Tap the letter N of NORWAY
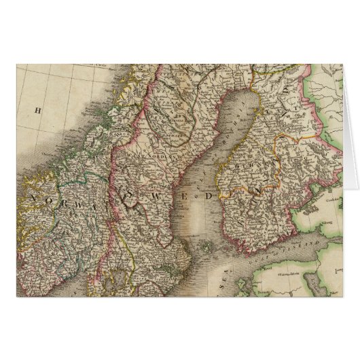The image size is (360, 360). (33, 196)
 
